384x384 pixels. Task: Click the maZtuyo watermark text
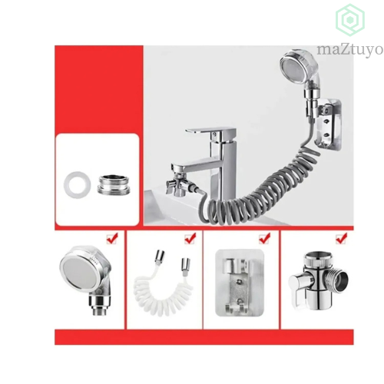click(x=349, y=50)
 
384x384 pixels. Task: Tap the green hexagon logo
click(x=350, y=20)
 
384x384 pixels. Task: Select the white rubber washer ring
click(x=77, y=185)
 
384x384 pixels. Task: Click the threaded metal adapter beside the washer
click(x=113, y=184)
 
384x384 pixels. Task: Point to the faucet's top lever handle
click(x=211, y=132)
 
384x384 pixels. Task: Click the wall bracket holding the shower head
click(x=328, y=124)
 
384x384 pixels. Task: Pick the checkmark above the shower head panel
click(x=112, y=239)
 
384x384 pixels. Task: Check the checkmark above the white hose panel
click(x=190, y=239)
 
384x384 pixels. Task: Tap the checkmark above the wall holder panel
click(x=264, y=239)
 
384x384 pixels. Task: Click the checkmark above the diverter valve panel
click(x=341, y=239)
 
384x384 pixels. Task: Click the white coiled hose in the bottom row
click(x=163, y=294)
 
